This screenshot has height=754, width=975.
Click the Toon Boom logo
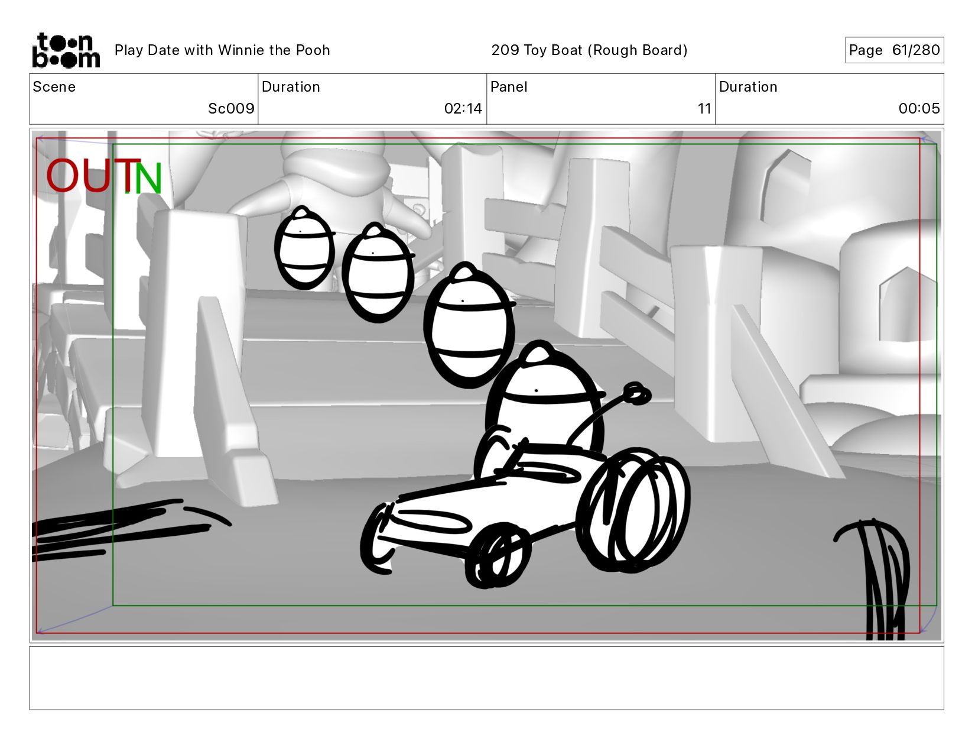[66, 50]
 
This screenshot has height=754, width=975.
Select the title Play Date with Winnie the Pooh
[222, 50]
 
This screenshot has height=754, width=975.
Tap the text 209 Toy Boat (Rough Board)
[589, 50]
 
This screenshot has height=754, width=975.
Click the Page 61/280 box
[894, 50]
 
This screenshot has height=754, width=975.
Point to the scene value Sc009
[231, 109]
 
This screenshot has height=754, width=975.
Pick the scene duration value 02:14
[463, 109]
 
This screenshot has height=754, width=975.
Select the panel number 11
[704, 109]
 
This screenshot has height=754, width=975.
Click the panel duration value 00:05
[919, 109]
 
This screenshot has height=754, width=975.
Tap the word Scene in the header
[54, 87]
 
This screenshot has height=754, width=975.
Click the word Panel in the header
[508, 87]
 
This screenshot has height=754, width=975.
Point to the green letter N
[148, 178]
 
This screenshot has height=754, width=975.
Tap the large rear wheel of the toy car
[633, 510]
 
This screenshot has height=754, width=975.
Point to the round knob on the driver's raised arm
[636, 394]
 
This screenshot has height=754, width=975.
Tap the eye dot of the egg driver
[536, 391]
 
